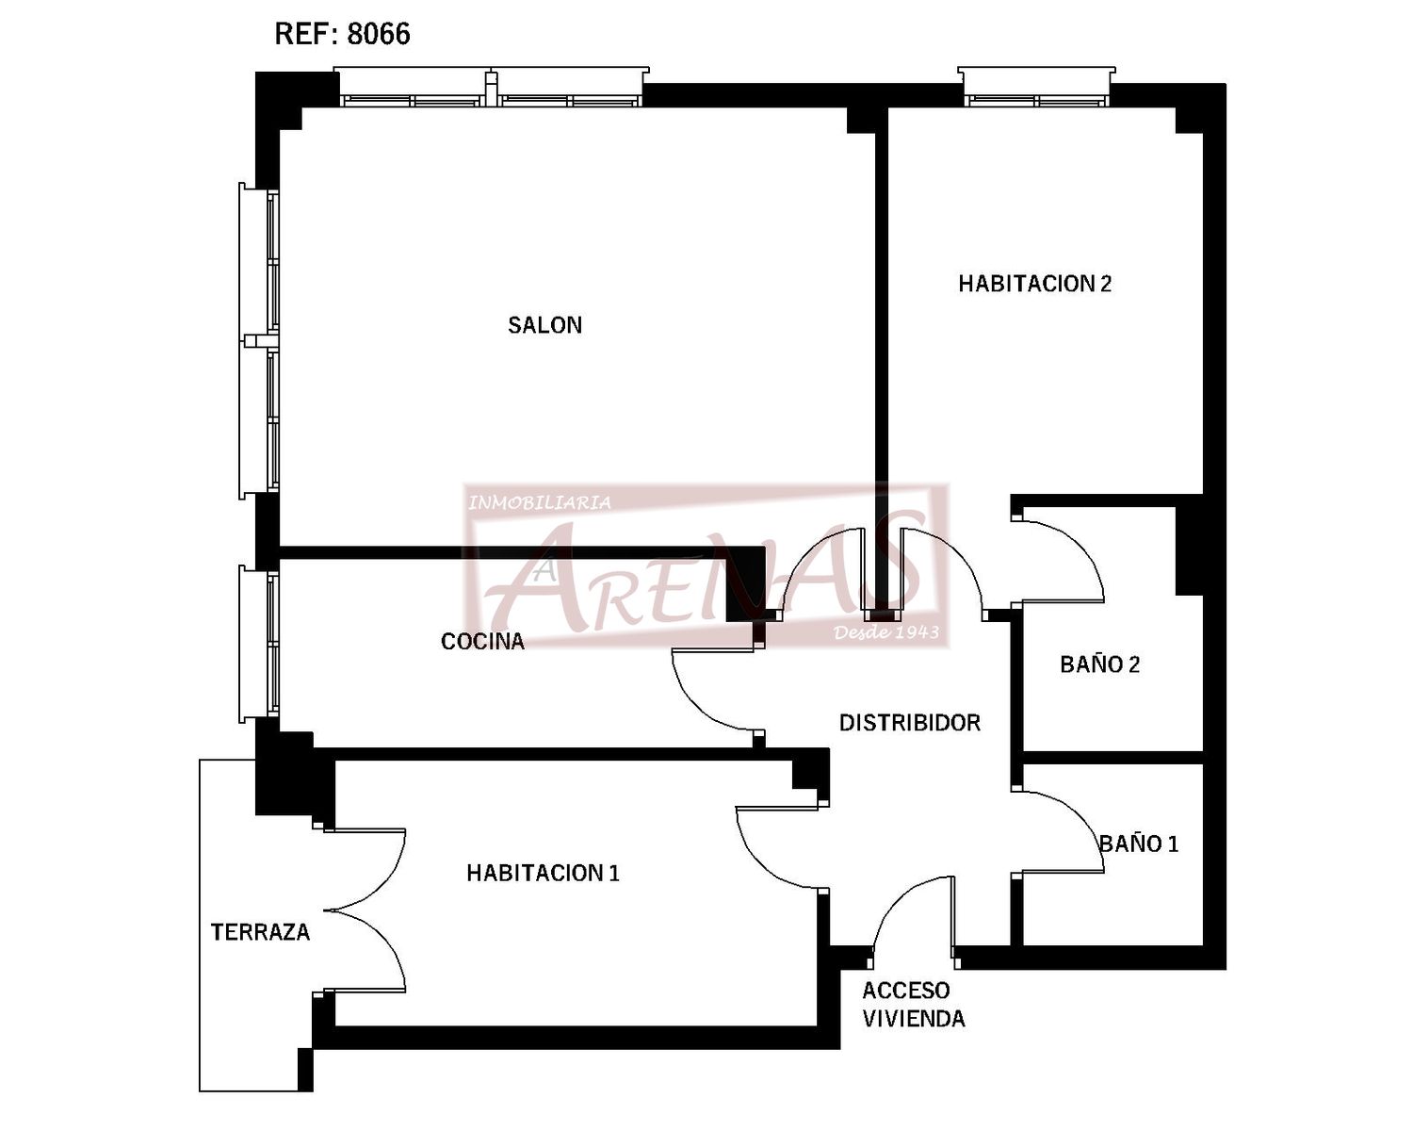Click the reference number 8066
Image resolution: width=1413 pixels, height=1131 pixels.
pyautogui.click(x=378, y=34)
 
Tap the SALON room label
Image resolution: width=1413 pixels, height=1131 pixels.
pyautogui.click(x=545, y=325)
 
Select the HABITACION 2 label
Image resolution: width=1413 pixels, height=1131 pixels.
pyautogui.click(x=1035, y=284)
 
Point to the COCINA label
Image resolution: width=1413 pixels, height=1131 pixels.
pyautogui.click(x=482, y=642)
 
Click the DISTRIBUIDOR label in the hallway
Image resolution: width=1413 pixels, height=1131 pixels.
pyautogui.click(x=910, y=723)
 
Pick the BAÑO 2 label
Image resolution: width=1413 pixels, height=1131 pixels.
pyautogui.click(x=1100, y=664)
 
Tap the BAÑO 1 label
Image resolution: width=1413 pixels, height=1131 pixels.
pyautogui.click(x=1139, y=844)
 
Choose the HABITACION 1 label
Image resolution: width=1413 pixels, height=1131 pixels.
pyautogui.click(x=543, y=873)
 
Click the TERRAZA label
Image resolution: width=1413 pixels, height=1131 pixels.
pyautogui.click(x=260, y=932)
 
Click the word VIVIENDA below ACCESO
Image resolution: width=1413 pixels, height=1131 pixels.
pyautogui.click(x=914, y=1019)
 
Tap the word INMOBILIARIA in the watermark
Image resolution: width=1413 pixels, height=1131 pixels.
pyautogui.click(x=539, y=503)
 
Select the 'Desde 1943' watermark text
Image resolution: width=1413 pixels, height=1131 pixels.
pyautogui.click(x=886, y=632)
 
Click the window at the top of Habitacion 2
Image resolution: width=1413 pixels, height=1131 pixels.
pyautogui.click(x=1036, y=88)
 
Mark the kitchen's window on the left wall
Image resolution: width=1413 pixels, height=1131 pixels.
pyautogui.click(x=259, y=644)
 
